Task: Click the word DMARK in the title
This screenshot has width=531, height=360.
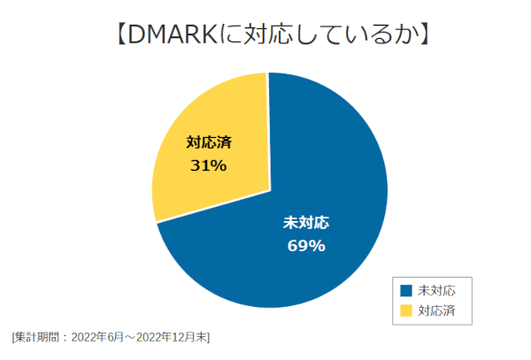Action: [x=169, y=35]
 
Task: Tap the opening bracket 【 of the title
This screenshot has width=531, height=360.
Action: [x=119, y=35]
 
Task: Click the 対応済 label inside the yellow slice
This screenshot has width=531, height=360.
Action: [x=209, y=143]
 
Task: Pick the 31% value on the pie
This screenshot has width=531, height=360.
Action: [x=209, y=165]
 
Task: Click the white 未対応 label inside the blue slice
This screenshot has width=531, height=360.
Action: [x=305, y=222]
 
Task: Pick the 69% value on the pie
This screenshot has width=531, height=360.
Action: [x=306, y=245]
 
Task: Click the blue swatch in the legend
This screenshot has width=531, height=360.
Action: [x=407, y=290]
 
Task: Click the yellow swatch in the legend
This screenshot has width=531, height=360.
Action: [x=407, y=310]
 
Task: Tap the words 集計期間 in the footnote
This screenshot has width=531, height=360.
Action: [x=38, y=337]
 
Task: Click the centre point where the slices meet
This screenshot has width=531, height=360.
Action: [x=270, y=189]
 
